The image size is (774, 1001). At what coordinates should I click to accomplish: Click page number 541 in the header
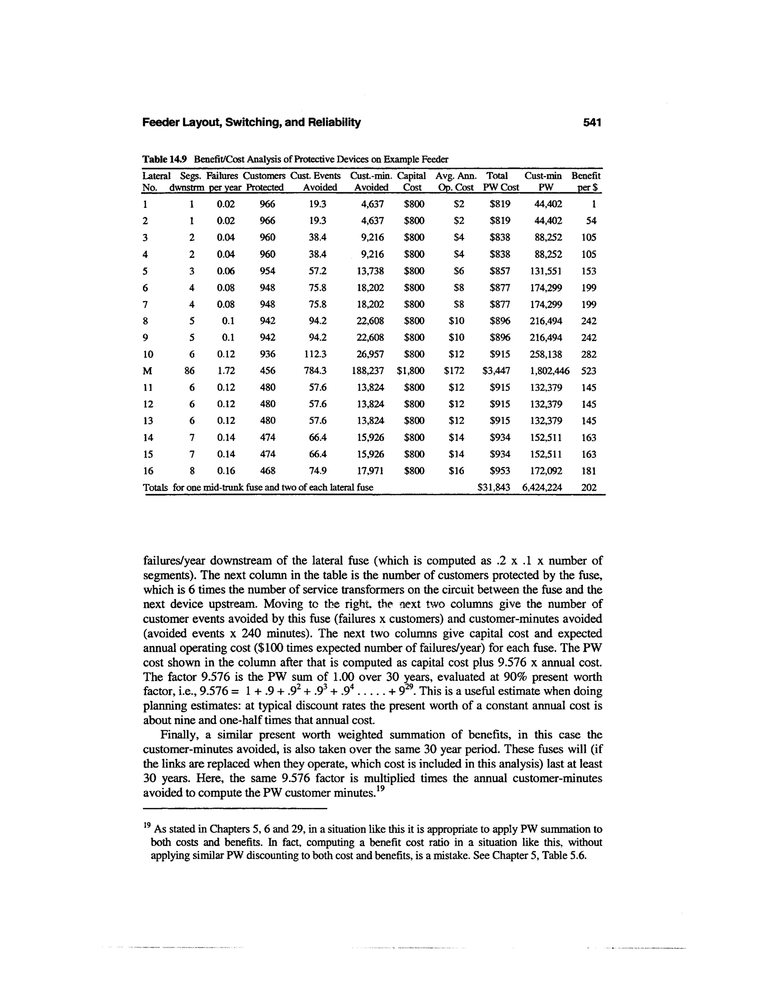[x=591, y=122]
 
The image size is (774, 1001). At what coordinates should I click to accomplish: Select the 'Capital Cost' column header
[x=411, y=181]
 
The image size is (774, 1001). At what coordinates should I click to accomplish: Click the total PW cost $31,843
[x=494, y=488]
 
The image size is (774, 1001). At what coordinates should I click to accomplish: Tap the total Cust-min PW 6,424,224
[x=542, y=488]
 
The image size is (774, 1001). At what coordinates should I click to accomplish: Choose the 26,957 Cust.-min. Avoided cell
[x=370, y=354]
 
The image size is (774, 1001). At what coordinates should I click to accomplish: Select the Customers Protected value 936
[x=267, y=354]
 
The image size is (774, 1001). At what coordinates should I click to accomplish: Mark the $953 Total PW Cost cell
[x=500, y=471]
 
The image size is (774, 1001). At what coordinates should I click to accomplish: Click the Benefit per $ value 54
[x=591, y=221]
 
